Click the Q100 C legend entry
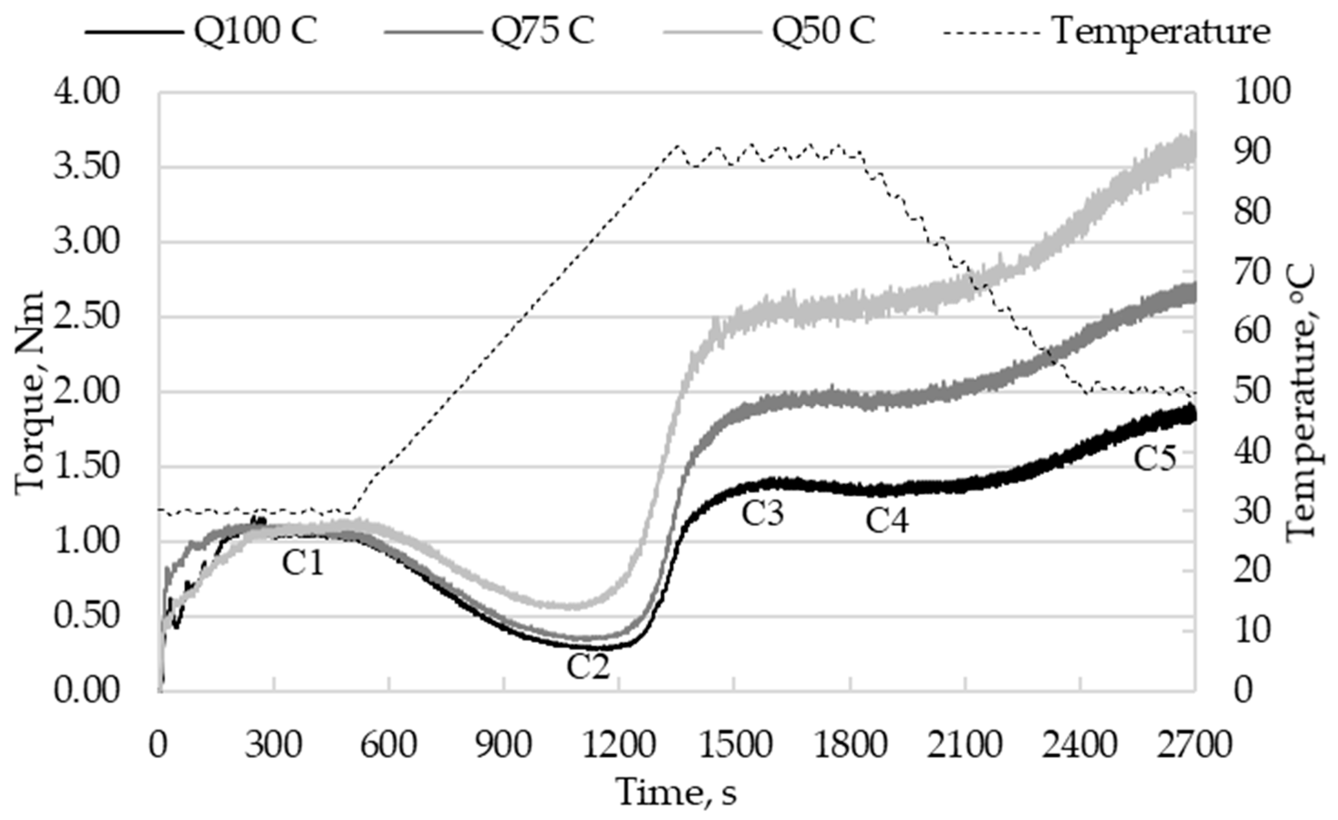255,31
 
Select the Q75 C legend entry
543,31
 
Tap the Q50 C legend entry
824,31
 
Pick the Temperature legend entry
1162,31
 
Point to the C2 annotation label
588,667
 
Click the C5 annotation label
1155,458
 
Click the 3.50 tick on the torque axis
86,167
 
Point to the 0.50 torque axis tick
86,616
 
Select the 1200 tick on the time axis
619,746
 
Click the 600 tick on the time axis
389,746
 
